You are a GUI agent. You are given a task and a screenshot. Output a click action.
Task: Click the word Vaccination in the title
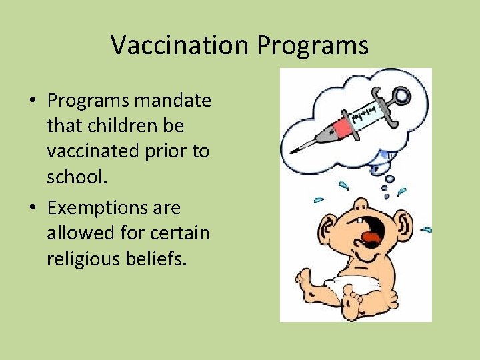(x=180, y=45)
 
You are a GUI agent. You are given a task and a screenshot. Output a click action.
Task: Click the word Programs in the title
(x=313, y=45)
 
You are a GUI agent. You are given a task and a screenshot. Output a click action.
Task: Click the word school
(x=75, y=177)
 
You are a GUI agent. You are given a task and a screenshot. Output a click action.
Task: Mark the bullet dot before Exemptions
(x=33, y=209)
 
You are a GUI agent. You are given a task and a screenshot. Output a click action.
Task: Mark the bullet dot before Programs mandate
(x=33, y=102)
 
